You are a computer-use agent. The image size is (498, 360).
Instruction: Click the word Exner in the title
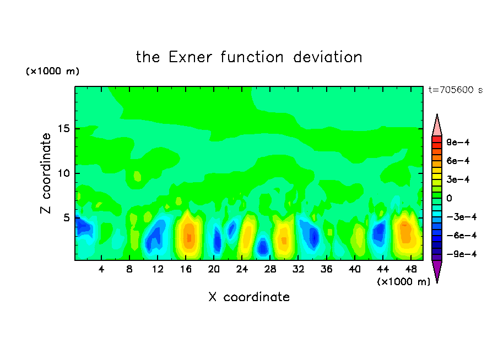click(x=190, y=57)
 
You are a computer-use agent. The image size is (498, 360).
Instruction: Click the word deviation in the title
click(x=327, y=57)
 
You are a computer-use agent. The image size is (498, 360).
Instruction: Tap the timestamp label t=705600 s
click(x=456, y=90)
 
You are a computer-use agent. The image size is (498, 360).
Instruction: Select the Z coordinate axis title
click(x=46, y=173)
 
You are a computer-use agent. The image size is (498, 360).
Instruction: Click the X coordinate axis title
click(x=249, y=297)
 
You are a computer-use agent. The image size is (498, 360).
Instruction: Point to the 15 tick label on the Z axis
click(x=64, y=129)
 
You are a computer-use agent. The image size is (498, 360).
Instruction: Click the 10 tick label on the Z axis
click(x=64, y=173)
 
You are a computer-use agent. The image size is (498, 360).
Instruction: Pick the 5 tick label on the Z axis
click(x=67, y=218)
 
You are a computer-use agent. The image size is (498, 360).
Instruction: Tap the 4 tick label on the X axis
click(x=101, y=270)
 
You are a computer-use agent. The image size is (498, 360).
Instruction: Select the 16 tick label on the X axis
click(x=186, y=270)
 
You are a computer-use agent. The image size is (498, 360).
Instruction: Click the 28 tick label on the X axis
click(x=270, y=270)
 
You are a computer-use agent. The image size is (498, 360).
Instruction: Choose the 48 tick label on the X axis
click(x=411, y=270)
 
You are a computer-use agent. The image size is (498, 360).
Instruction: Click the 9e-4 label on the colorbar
click(x=458, y=142)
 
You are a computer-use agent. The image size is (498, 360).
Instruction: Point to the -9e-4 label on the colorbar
click(x=462, y=254)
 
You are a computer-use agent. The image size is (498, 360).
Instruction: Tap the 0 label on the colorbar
click(x=449, y=198)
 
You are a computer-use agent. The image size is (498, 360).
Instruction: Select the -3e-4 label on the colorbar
click(x=462, y=217)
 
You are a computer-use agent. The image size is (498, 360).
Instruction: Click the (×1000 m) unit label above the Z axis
click(x=52, y=71)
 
